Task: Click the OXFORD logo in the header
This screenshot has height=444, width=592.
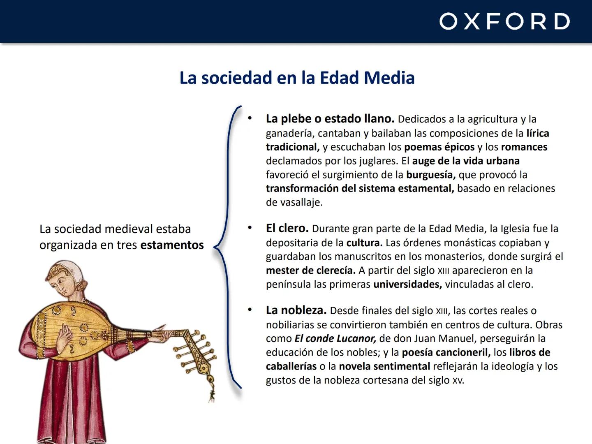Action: [504, 21]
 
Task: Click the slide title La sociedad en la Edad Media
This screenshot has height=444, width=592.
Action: [297, 78]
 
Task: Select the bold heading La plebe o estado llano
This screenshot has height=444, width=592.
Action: [330, 119]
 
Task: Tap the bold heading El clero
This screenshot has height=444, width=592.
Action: [287, 228]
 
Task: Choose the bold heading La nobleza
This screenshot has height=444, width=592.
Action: [296, 310]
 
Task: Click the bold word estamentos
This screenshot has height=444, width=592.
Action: [172, 245]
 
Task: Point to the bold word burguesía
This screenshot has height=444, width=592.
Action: [430, 175]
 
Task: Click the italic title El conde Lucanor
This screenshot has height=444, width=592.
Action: [335, 338]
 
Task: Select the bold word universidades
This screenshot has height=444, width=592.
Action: [407, 284]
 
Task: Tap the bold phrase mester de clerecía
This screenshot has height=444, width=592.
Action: [310, 270]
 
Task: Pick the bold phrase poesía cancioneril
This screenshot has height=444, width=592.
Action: [446, 352]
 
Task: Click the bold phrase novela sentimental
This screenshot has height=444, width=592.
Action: [384, 366]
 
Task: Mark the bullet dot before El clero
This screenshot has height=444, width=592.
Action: [250, 228]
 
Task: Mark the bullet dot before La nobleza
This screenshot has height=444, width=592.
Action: [250, 310]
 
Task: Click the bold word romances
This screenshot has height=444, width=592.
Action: [524, 147]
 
